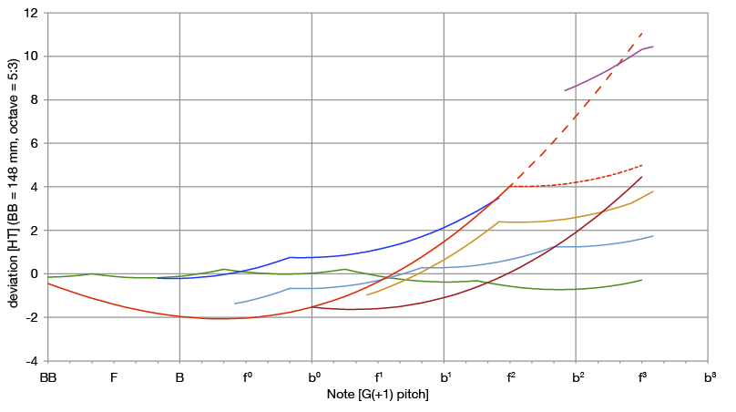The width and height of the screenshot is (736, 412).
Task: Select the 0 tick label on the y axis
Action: (34, 274)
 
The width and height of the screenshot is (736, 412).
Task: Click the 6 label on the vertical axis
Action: (34, 144)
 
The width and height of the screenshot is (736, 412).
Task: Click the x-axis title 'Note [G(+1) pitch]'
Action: (377, 395)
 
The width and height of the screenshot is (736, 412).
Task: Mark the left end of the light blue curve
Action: (235, 304)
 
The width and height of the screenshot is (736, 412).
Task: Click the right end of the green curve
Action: (642, 280)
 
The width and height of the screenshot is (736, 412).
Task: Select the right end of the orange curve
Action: (653, 191)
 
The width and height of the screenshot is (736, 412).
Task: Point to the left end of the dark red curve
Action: (307, 306)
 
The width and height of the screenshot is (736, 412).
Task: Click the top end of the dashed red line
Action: (643, 32)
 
